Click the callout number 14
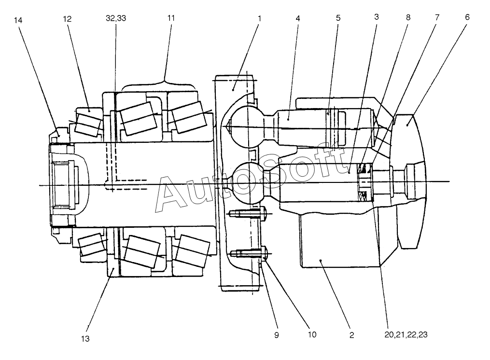18,20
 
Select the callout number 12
67,19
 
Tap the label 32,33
116,18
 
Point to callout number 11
171,18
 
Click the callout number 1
259,18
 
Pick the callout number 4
298,18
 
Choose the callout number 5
338,18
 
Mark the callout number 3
376,17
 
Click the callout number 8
408,17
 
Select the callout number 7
437,17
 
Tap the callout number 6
467,17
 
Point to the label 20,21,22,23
406,335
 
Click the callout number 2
352,335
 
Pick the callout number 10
312,335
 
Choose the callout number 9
277,335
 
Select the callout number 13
85,338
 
